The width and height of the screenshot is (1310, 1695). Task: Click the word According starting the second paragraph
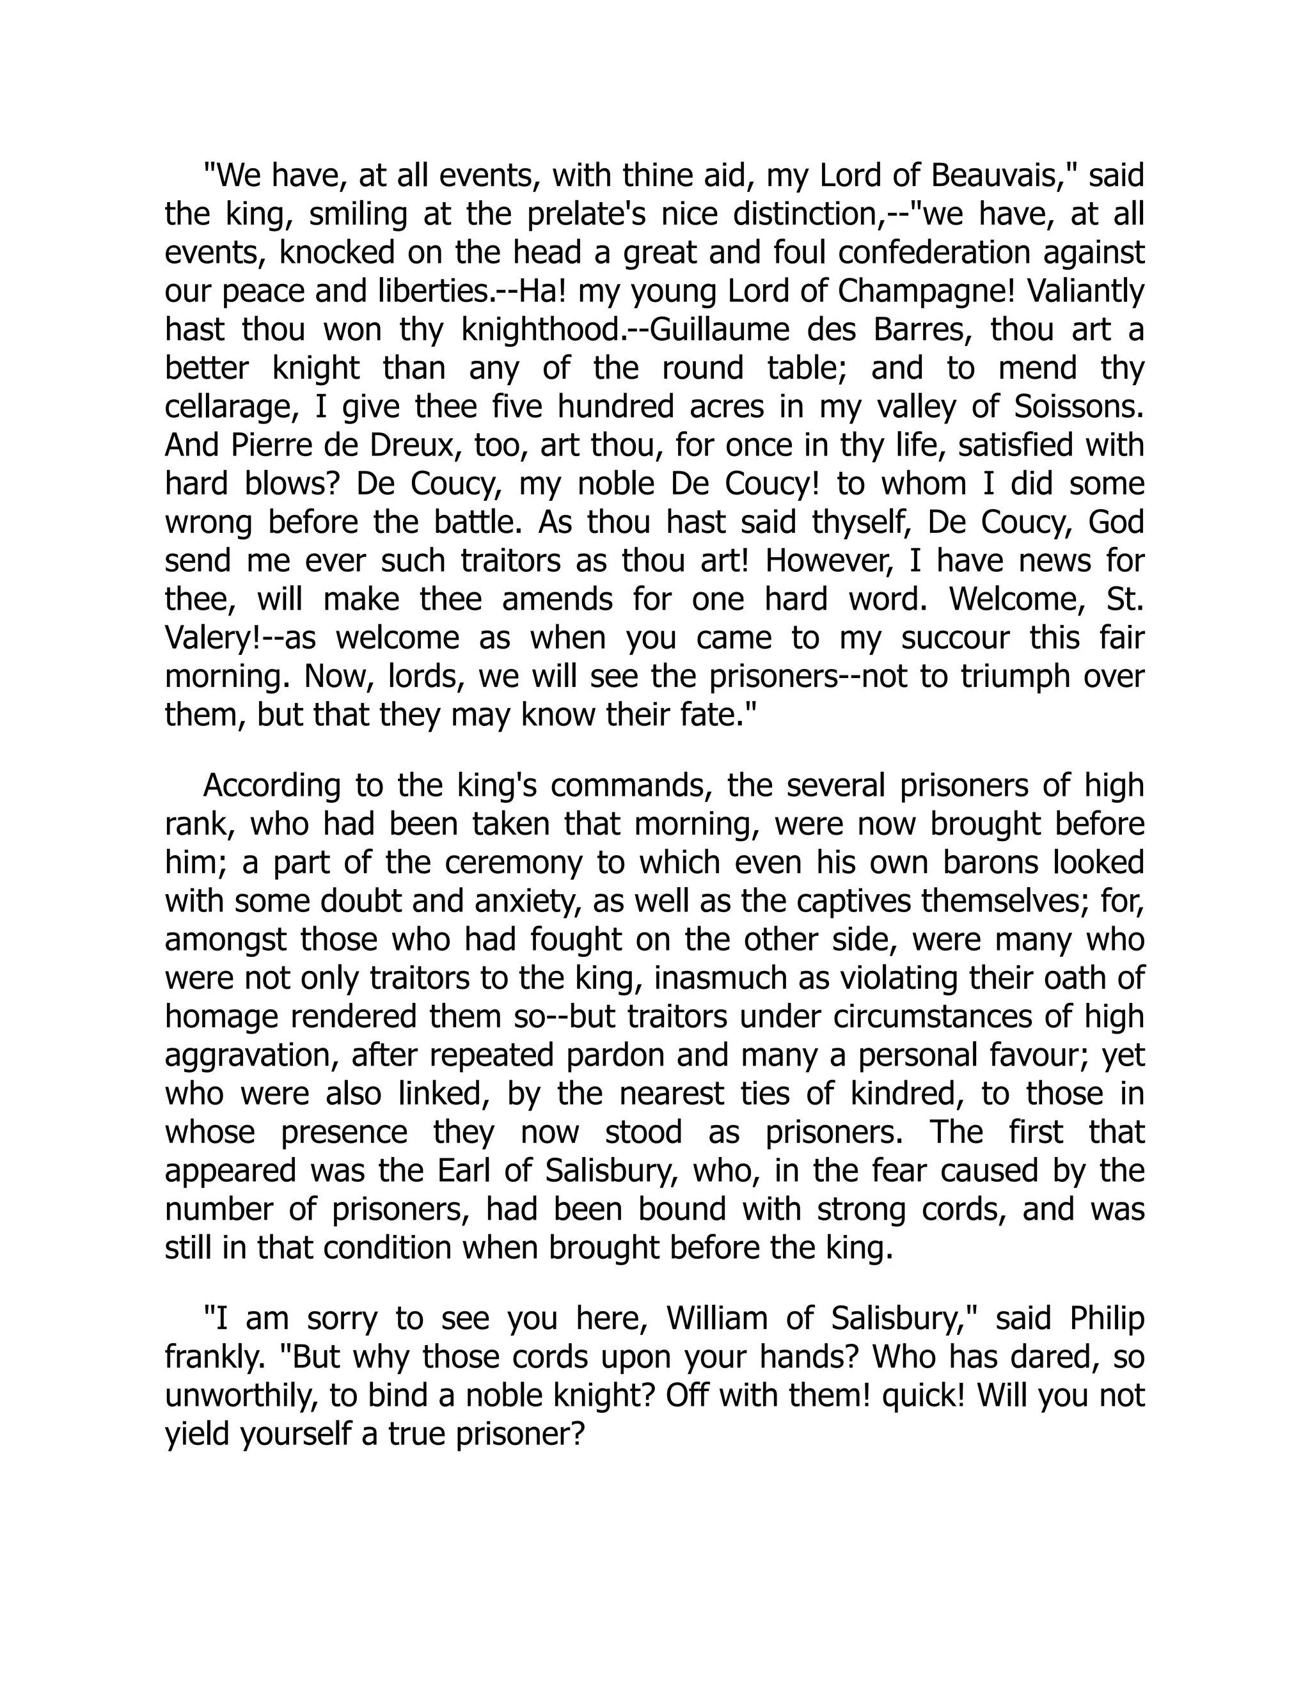pyautogui.click(x=272, y=786)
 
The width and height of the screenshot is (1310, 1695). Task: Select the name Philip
pyautogui.click(x=1107, y=1319)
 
